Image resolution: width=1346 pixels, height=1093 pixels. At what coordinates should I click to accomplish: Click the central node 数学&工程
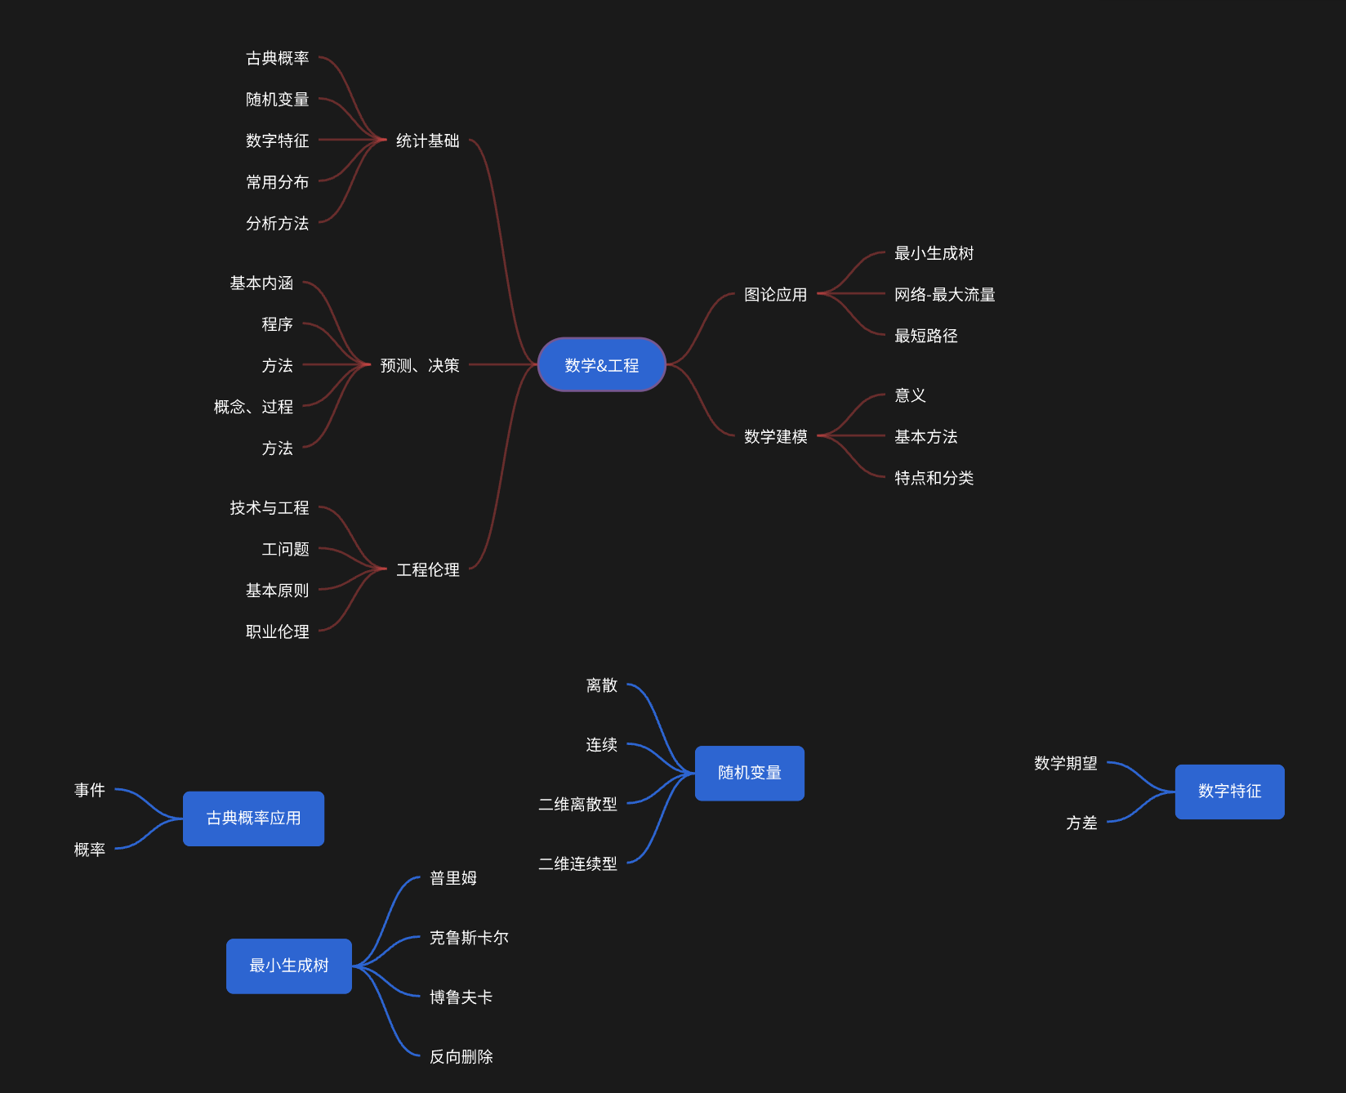click(602, 365)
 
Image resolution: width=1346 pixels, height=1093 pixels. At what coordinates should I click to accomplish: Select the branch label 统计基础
click(427, 141)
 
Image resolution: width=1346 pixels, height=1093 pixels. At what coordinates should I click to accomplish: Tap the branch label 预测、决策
click(420, 365)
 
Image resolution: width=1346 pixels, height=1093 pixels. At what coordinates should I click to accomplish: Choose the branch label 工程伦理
click(427, 569)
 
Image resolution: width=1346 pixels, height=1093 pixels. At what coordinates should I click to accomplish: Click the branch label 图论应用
click(775, 294)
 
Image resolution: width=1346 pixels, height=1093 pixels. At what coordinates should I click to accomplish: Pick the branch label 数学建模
click(775, 436)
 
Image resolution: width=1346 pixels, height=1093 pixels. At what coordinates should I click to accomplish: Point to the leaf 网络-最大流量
click(944, 294)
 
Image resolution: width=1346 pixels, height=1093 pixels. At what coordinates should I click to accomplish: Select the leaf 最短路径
click(925, 336)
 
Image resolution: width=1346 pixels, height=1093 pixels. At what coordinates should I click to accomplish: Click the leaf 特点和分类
click(934, 478)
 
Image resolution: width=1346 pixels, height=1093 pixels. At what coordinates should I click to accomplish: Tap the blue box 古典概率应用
click(253, 819)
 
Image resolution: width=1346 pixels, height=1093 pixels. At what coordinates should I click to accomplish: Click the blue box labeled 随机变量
click(749, 773)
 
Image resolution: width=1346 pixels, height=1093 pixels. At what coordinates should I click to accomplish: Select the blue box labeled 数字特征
click(1229, 791)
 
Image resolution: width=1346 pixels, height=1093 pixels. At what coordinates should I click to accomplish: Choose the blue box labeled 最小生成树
click(288, 966)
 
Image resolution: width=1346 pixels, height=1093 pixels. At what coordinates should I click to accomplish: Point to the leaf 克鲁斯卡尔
click(469, 938)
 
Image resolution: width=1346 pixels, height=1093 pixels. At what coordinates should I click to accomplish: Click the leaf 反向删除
click(461, 1056)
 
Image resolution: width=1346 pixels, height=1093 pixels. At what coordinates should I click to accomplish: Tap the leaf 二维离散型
click(577, 804)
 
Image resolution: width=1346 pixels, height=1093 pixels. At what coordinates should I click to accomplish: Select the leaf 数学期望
click(1065, 763)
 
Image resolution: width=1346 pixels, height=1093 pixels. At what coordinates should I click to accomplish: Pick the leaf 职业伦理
click(277, 631)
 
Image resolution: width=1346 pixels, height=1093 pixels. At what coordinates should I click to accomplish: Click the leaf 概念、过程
click(253, 407)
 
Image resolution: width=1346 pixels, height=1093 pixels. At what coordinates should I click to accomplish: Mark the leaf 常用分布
click(277, 182)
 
